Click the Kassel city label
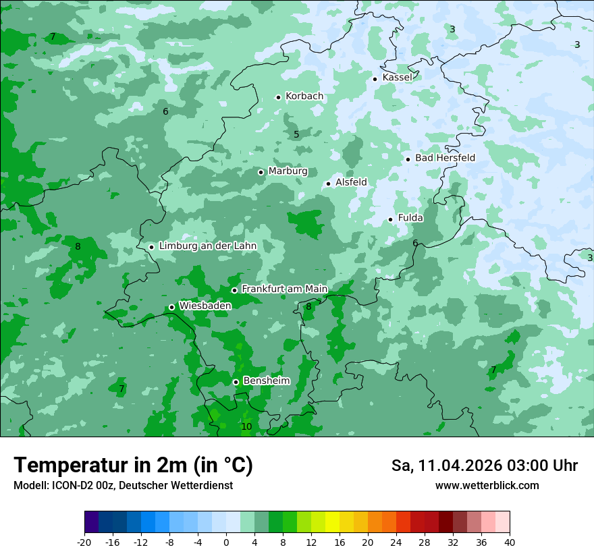point(397,78)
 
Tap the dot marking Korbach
point(278,97)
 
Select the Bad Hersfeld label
point(445,158)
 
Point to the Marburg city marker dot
point(261,172)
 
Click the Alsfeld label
point(351,182)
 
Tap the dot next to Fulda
point(390,219)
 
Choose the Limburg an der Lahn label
point(207,246)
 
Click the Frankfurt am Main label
point(284,289)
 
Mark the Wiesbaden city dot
point(171,307)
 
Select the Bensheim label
point(266,381)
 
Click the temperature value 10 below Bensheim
point(246,426)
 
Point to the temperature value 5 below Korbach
point(296,135)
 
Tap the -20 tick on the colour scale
point(84,542)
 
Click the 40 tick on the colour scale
point(510,542)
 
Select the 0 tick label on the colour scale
point(226,542)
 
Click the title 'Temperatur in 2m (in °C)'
point(133,466)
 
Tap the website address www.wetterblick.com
point(487,485)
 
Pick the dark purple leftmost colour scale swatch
point(91,522)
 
